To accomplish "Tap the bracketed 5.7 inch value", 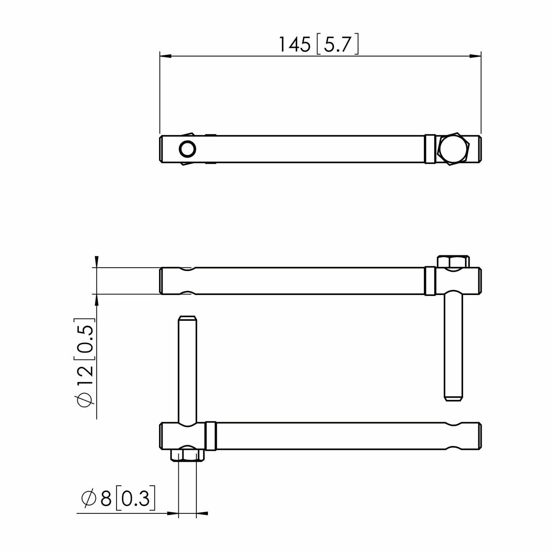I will point(338,45).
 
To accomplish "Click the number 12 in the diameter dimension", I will point(86,377).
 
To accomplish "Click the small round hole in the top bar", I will point(188,149).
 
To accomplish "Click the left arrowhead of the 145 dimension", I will point(165,56).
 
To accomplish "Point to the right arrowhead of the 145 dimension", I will point(476,56).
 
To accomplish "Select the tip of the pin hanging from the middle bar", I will point(453,398).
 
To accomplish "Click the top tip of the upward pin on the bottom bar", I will point(187,318).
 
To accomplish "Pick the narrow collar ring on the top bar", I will point(429,149).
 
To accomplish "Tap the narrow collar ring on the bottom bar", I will point(212,436).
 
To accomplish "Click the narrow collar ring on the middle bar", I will point(429,281).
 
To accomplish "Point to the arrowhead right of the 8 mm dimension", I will point(202,513).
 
